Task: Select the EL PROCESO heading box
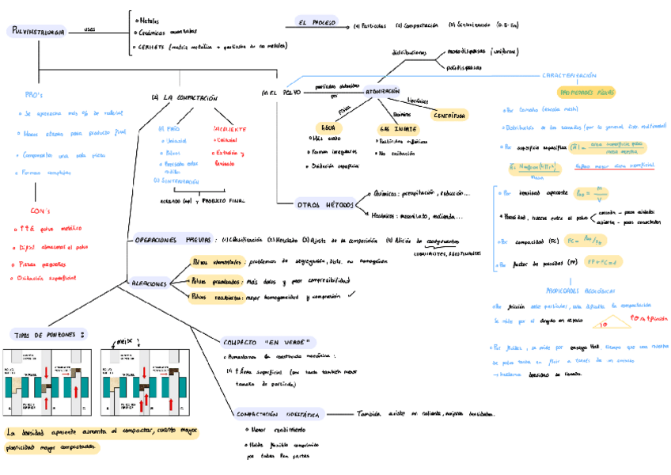coord(317,23)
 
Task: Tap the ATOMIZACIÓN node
coord(381,92)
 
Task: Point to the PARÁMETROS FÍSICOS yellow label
coord(586,93)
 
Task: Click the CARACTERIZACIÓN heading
coord(569,75)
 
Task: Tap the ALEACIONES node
coord(150,283)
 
